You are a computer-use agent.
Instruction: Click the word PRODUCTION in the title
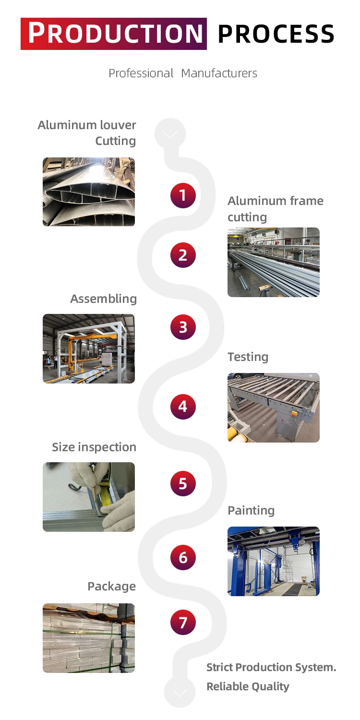[114, 34]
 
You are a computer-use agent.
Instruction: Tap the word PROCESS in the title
[276, 34]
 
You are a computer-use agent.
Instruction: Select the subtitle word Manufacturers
[219, 73]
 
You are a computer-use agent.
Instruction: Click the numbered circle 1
[183, 195]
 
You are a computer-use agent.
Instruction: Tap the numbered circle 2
[183, 255]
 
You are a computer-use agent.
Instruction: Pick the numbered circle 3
[183, 327]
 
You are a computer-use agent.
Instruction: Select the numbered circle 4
[183, 407]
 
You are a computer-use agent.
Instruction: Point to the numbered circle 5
[183, 483]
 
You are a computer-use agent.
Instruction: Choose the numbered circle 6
[183, 558]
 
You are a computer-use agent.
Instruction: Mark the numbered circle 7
[183, 623]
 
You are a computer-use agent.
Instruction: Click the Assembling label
[103, 299]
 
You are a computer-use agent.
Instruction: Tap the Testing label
[248, 357]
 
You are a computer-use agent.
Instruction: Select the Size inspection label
[94, 447]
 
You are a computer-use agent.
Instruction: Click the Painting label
[251, 510]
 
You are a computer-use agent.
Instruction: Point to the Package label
[111, 587]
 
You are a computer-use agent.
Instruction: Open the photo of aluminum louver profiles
[89, 192]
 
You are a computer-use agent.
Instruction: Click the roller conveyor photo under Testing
[274, 408]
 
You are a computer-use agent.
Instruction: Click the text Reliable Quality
[248, 686]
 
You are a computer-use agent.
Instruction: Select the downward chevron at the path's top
[170, 134]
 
